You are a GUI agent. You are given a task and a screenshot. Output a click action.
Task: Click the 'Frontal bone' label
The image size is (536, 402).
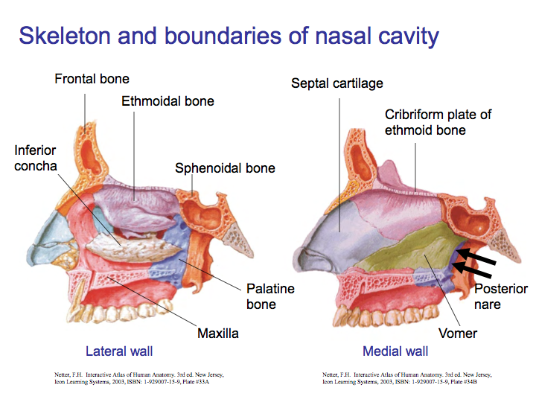[92, 78]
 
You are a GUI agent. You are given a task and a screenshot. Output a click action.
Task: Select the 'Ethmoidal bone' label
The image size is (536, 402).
[167, 100]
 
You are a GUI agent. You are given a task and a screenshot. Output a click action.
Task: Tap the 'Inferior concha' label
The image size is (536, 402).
[35, 158]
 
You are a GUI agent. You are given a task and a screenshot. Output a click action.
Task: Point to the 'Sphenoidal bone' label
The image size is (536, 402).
[225, 168]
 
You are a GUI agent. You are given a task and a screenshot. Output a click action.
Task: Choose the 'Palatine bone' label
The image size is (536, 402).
[270, 296]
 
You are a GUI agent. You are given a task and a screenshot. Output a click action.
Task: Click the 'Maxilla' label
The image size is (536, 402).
[218, 334]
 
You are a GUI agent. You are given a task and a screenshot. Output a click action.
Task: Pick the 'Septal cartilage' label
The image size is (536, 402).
[336, 83]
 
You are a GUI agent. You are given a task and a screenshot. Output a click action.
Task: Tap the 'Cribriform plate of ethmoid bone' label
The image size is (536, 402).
[438, 122]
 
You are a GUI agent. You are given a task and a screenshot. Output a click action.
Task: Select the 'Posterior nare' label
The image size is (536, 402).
[500, 296]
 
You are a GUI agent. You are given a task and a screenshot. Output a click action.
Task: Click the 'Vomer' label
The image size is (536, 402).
[458, 334]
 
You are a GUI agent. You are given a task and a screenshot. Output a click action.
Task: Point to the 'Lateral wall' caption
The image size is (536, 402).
[120, 351]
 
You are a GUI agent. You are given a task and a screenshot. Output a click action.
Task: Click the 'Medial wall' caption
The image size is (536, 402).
[395, 351]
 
